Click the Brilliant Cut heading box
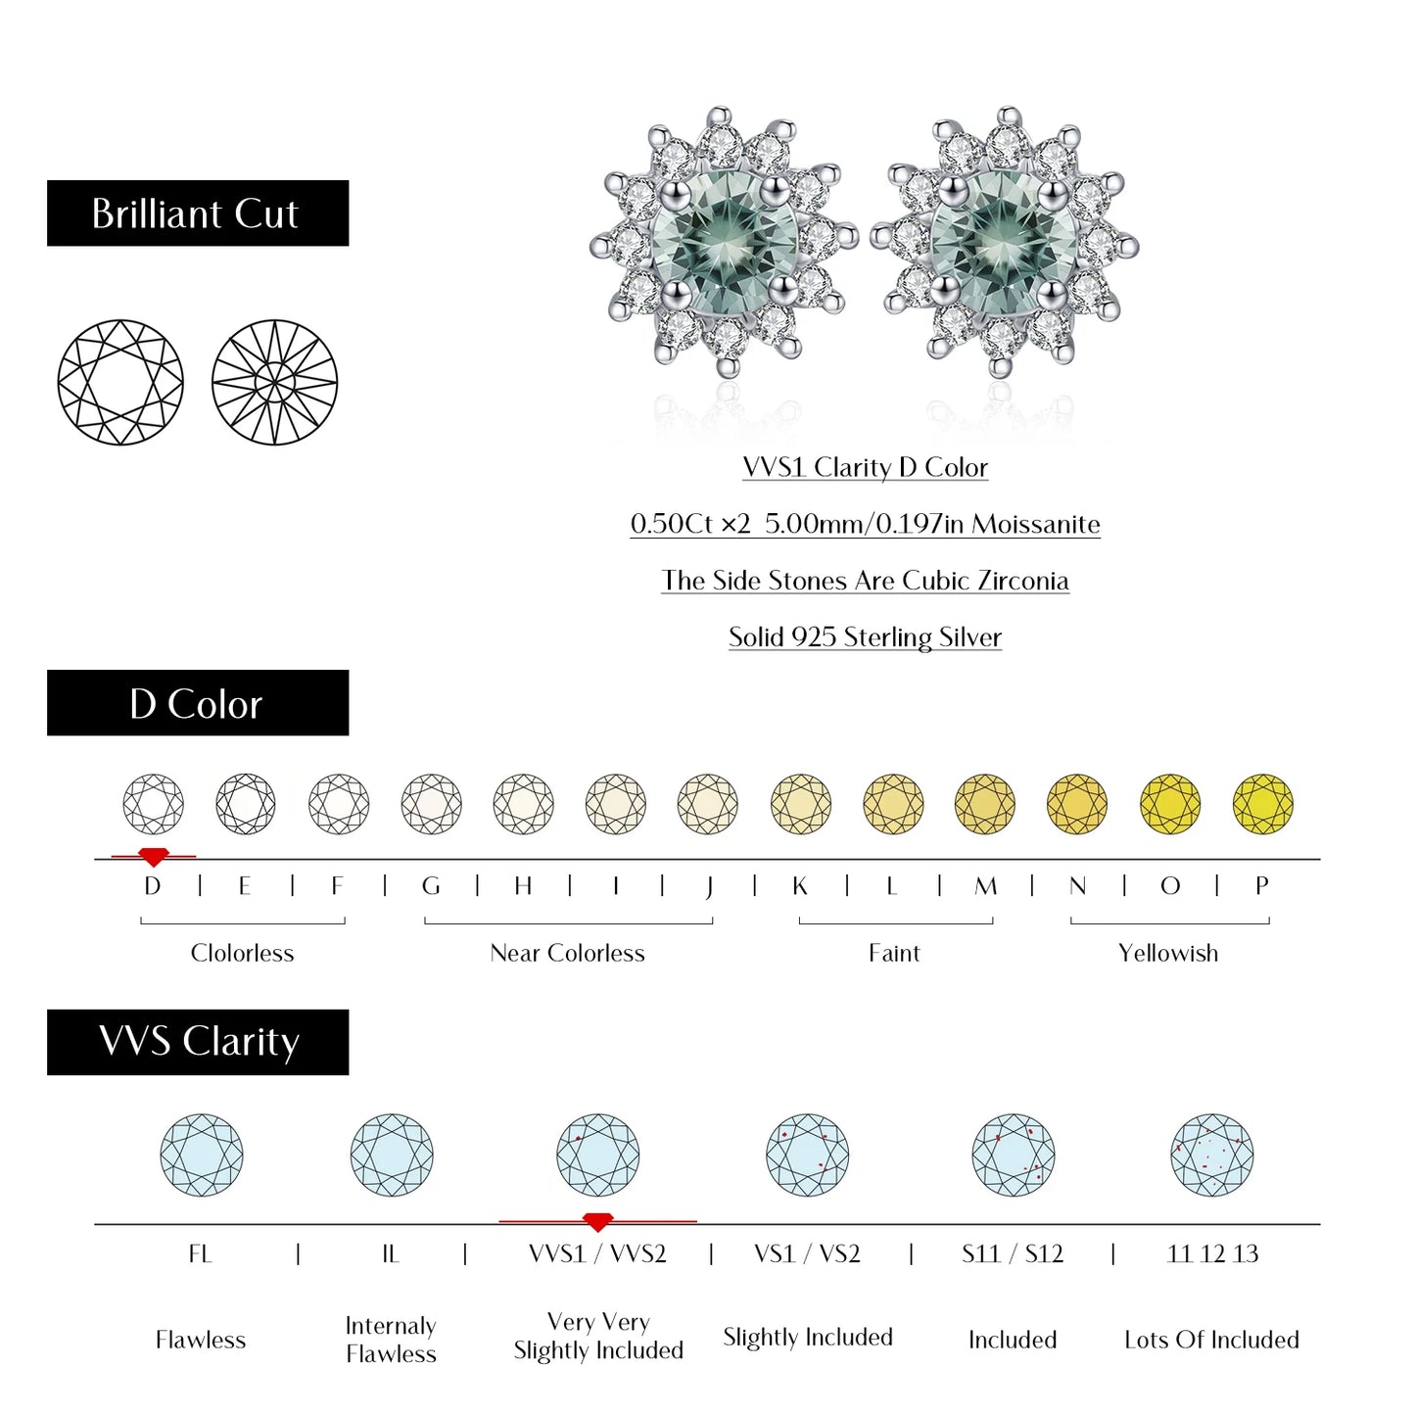point(197,213)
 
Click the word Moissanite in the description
point(1035,524)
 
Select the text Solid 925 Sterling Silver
point(865,637)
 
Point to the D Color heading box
point(197,703)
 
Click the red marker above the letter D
point(153,857)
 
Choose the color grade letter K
point(800,886)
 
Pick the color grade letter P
point(1262,886)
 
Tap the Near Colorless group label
point(567,953)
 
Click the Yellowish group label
point(1168,953)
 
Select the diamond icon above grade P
point(1262,804)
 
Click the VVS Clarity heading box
point(197,1042)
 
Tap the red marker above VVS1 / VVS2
point(597,1222)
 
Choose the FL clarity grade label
point(200,1253)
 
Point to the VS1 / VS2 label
point(807,1253)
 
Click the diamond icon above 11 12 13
point(1212,1155)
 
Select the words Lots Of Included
point(1211,1340)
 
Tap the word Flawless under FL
point(200,1340)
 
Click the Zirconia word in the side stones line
point(1023,581)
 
